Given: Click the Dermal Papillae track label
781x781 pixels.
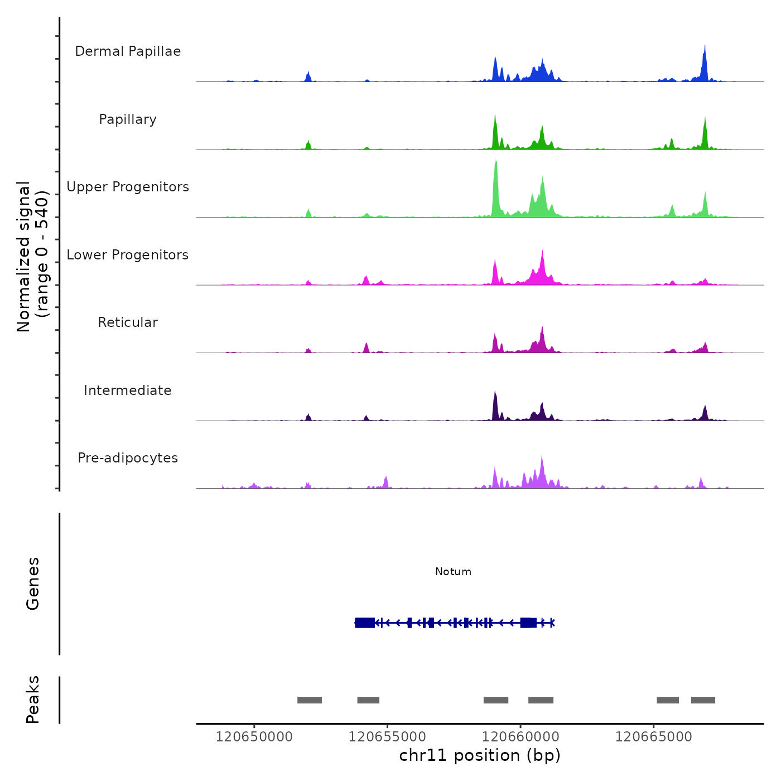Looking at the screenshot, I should click(x=128, y=51).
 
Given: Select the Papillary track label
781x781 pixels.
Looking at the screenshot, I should click(x=128, y=119).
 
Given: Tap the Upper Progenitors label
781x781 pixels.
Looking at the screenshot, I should click(x=128, y=187).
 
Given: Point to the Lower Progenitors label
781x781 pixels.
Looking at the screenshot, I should click(x=128, y=255).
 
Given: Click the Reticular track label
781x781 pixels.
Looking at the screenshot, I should click(x=128, y=322).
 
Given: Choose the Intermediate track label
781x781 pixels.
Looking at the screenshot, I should click(x=128, y=390).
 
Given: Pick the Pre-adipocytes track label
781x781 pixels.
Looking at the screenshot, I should click(x=128, y=458).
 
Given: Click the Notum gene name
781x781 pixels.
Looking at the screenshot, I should click(x=453, y=572).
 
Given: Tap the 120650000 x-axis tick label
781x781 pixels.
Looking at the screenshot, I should click(x=254, y=737).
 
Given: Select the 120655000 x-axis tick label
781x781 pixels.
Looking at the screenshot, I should click(x=387, y=737).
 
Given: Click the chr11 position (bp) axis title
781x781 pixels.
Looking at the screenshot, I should click(x=480, y=755).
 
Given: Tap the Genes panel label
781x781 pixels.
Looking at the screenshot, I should click(x=33, y=584).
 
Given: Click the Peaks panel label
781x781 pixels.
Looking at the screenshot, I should click(x=33, y=700).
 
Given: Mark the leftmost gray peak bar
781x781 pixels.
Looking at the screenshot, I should click(x=310, y=700).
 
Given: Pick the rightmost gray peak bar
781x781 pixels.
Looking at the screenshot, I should click(x=703, y=700).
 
